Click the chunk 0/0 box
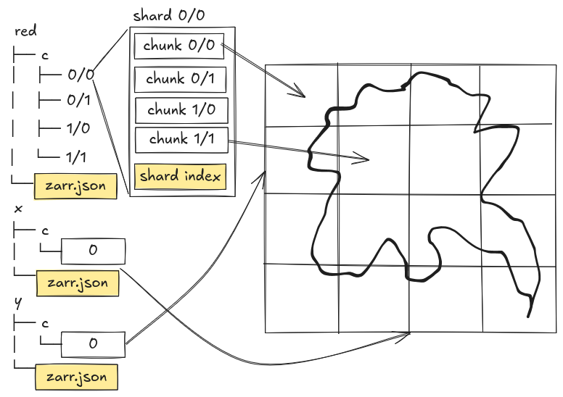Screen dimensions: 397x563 [x=178, y=46]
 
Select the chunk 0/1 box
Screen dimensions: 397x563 [x=180, y=79]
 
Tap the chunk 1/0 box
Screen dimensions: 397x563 [x=181, y=110]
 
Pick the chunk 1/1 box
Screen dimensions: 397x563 [x=181, y=138]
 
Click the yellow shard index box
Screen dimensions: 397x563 [x=181, y=176]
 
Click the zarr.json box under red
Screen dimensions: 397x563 [x=75, y=186]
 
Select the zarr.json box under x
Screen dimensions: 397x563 [x=77, y=283]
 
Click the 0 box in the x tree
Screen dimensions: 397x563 [x=93, y=251]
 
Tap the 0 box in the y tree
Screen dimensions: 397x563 [x=93, y=344]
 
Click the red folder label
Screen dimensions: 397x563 [x=25, y=31]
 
